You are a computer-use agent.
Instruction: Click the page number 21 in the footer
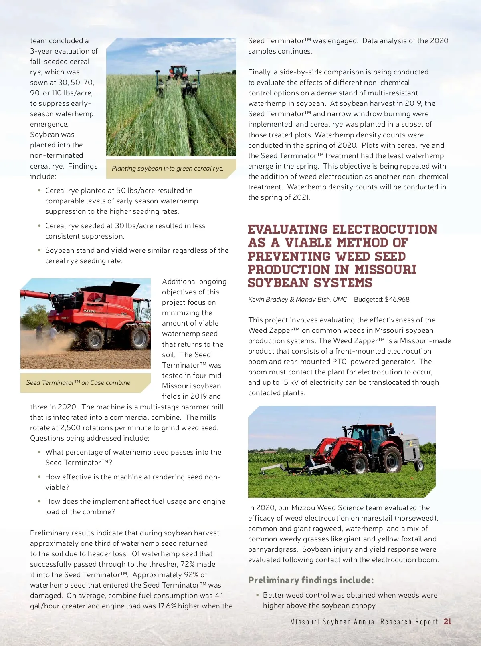(x=447, y=622)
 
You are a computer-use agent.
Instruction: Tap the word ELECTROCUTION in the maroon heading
(x=385, y=229)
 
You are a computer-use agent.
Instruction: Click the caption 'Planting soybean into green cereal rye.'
(x=168, y=169)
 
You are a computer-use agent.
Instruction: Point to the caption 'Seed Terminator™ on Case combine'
(x=78, y=383)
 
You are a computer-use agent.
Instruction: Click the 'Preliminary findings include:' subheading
(x=311, y=580)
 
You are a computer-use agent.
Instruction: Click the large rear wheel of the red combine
(x=139, y=338)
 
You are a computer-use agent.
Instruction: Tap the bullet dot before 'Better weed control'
(x=257, y=595)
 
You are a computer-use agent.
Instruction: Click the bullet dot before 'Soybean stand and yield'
(x=39, y=250)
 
